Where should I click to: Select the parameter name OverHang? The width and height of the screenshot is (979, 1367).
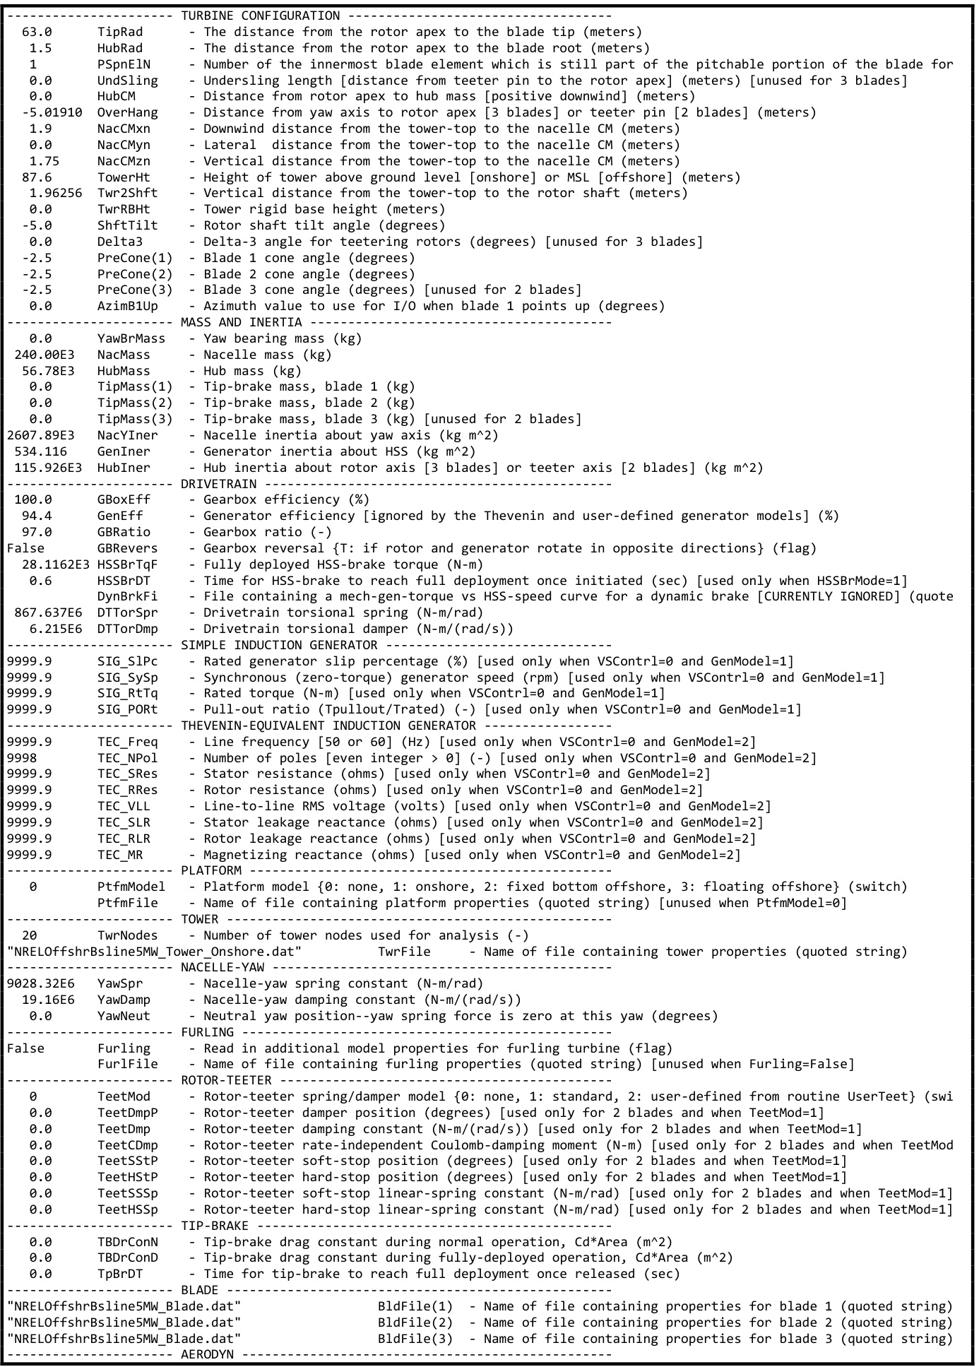point(128,112)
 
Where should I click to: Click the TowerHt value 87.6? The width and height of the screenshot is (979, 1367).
point(37,177)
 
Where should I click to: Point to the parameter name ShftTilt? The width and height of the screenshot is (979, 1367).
point(128,225)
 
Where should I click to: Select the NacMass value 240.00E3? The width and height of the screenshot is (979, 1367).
point(44,355)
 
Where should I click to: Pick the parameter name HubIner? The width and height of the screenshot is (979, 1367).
point(124,468)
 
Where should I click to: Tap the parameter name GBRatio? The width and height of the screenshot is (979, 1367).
point(124,532)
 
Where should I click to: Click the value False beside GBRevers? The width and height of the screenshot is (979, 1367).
point(25,548)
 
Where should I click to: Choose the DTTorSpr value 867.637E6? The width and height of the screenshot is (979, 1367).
point(48,613)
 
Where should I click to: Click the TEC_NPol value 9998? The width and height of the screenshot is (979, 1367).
point(22,758)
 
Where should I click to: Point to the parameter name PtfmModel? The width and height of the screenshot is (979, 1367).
point(131,887)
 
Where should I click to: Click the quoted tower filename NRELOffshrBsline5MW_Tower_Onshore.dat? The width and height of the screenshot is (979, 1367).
point(154,952)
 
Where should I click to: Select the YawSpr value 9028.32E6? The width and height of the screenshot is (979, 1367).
point(40,983)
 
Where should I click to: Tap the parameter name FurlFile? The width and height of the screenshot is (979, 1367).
point(128,1064)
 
